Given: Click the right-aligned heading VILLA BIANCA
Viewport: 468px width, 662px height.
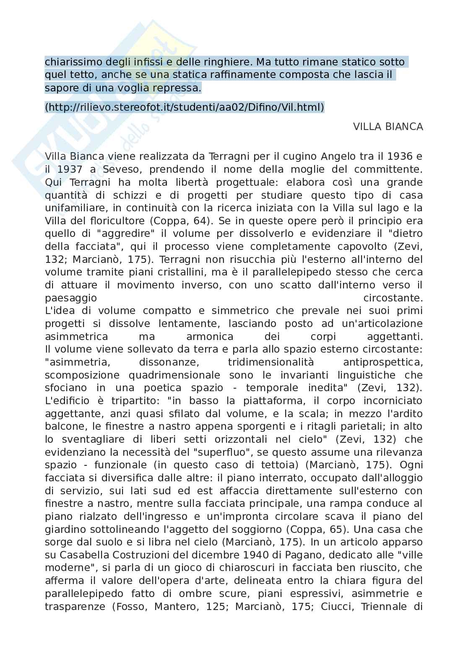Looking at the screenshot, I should [388, 127].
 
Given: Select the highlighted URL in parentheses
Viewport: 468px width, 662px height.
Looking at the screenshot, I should [185, 108].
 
